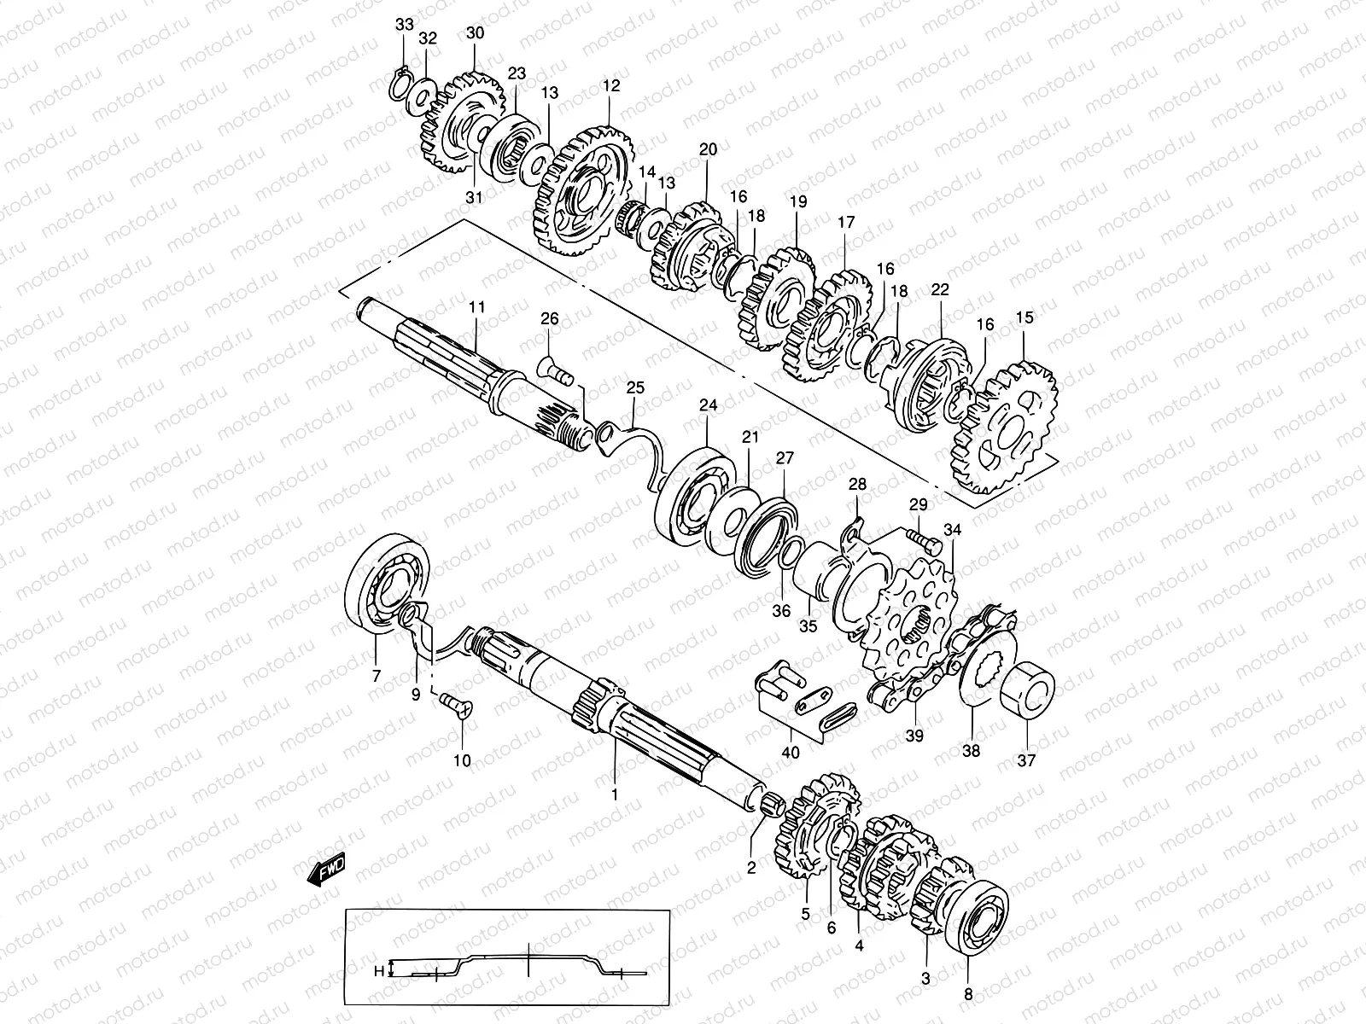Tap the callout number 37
1025,760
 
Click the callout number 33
403,25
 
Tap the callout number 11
476,305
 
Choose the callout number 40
791,753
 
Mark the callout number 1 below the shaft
613,794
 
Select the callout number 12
610,85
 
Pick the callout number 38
972,751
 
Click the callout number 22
940,290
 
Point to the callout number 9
416,695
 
